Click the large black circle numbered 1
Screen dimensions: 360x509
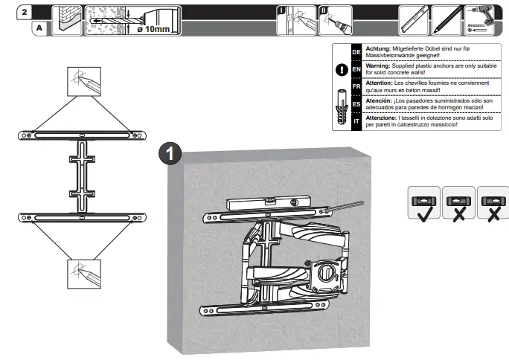[x=171, y=153]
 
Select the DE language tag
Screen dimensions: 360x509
[x=356, y=52]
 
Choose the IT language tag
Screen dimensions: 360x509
[x=356, y=120]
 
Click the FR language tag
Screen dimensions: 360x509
[x=356, y=86]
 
